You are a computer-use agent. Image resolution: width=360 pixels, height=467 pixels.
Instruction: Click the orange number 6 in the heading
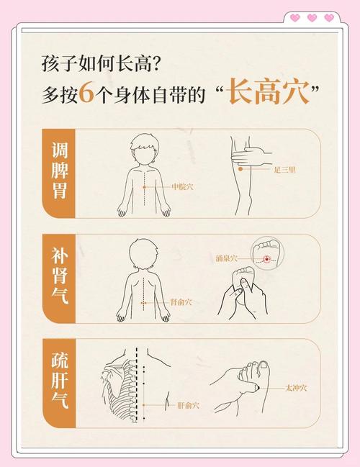pyautogui.click(x=86, y=94)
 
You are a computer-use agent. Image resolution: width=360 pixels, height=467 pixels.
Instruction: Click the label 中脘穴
pyautogui.click(x=182, y=186)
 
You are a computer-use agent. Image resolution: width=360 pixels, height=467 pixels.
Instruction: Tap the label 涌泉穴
pyautogui.click(x=225, y=257)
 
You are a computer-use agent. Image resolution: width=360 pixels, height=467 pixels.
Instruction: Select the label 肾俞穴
pyautogui.click(x=181, y=303)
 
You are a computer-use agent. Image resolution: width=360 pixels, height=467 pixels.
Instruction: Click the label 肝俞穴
pyautogui.click(x=188, y=405)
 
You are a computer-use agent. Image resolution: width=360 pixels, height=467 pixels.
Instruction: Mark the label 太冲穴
pyautogui.click(x=296, y=388)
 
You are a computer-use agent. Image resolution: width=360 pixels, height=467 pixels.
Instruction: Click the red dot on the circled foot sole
pyautogui.click(x=267, y=258)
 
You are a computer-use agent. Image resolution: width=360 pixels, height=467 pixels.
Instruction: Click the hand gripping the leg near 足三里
pyautogui.click(x=248, y=156)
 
